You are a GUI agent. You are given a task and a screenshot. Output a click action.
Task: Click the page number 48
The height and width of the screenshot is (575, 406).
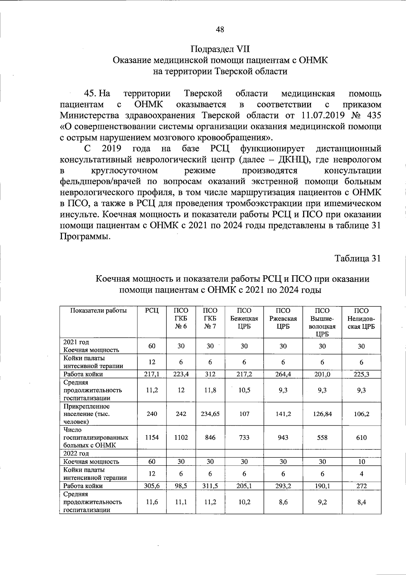tap(220, 29)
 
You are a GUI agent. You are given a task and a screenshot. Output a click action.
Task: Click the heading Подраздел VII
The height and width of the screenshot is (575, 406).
tap(220, 49)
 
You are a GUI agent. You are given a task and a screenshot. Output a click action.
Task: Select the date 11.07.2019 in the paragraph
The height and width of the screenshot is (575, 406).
tap(322, 115)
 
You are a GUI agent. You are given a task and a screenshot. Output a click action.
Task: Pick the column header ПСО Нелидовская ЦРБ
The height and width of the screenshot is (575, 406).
tap(361, 319)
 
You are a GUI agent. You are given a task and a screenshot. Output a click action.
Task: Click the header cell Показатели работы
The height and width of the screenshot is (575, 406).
tap(98, 311)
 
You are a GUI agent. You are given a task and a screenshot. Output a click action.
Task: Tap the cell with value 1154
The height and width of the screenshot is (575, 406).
tap(152, 438)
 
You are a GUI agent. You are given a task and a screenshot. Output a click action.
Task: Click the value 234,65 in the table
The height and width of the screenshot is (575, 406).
tap(210, 414)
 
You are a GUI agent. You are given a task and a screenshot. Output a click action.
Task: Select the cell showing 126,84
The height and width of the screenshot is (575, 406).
tap(322, 414)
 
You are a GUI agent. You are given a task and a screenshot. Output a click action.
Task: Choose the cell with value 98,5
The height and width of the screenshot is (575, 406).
tap(181, 486)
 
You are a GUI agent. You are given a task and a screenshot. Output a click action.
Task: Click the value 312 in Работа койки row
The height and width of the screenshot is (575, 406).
tap(210, 374)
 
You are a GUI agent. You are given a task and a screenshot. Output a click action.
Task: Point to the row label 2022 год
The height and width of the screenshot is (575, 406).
tap(76, 453)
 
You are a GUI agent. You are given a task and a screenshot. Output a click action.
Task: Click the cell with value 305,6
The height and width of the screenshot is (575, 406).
tap(152, 486)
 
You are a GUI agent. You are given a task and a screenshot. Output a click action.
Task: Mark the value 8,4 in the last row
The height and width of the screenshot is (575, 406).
tap(361, 502)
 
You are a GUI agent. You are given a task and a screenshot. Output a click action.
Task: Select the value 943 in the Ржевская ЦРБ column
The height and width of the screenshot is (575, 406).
tap(283, 438)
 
